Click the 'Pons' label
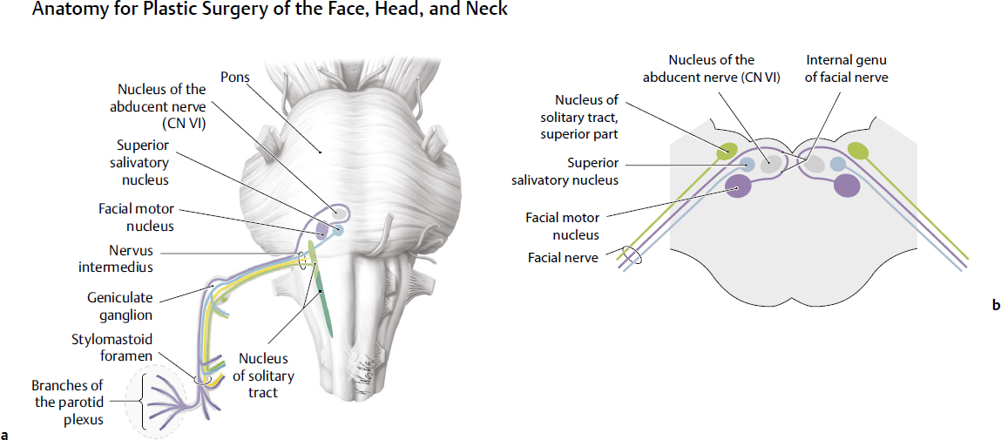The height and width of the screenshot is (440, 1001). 234,78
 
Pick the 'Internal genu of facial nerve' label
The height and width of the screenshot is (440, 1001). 845,68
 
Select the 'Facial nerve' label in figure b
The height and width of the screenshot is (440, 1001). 563,258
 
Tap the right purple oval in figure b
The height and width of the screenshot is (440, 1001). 847,186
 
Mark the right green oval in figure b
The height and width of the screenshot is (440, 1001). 858,152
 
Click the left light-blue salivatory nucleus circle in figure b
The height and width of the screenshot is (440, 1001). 747,164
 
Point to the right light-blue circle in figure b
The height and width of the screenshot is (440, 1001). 838,164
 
